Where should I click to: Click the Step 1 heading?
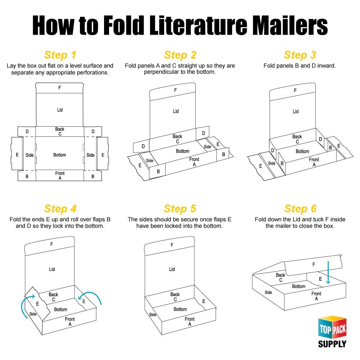point(60,55)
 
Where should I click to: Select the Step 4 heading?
point(60,209)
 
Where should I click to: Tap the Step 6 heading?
point(300,209)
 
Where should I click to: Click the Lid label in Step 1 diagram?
point(60,110)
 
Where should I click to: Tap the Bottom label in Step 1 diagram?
point(60,155)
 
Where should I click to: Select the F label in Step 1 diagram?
point(60,87)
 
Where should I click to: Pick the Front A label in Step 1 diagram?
point(60,176)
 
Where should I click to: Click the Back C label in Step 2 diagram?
point(177,139)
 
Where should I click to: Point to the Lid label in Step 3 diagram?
point(296,112)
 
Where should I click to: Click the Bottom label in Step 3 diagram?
point(302,151)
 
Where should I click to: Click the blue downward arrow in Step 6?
point(328,273)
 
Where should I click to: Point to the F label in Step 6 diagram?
point(314,265)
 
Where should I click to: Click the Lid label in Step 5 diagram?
point(172,269)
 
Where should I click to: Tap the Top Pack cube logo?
point(332,328)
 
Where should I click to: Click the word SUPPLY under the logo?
point(332,344)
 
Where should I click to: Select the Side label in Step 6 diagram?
point(269,292)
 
